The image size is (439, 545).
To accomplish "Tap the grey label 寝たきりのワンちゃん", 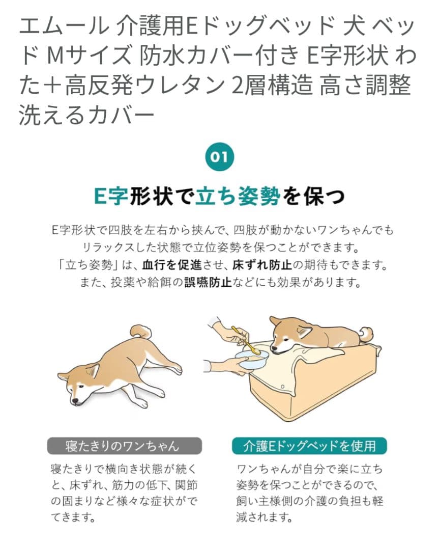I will (124, 445).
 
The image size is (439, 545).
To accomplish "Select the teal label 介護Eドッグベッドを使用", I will (309, 445).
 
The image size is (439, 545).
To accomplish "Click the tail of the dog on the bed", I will (365, 334).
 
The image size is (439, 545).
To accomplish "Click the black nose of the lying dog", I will (75, 401).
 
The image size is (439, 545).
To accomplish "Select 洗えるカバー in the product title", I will (86, 115).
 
